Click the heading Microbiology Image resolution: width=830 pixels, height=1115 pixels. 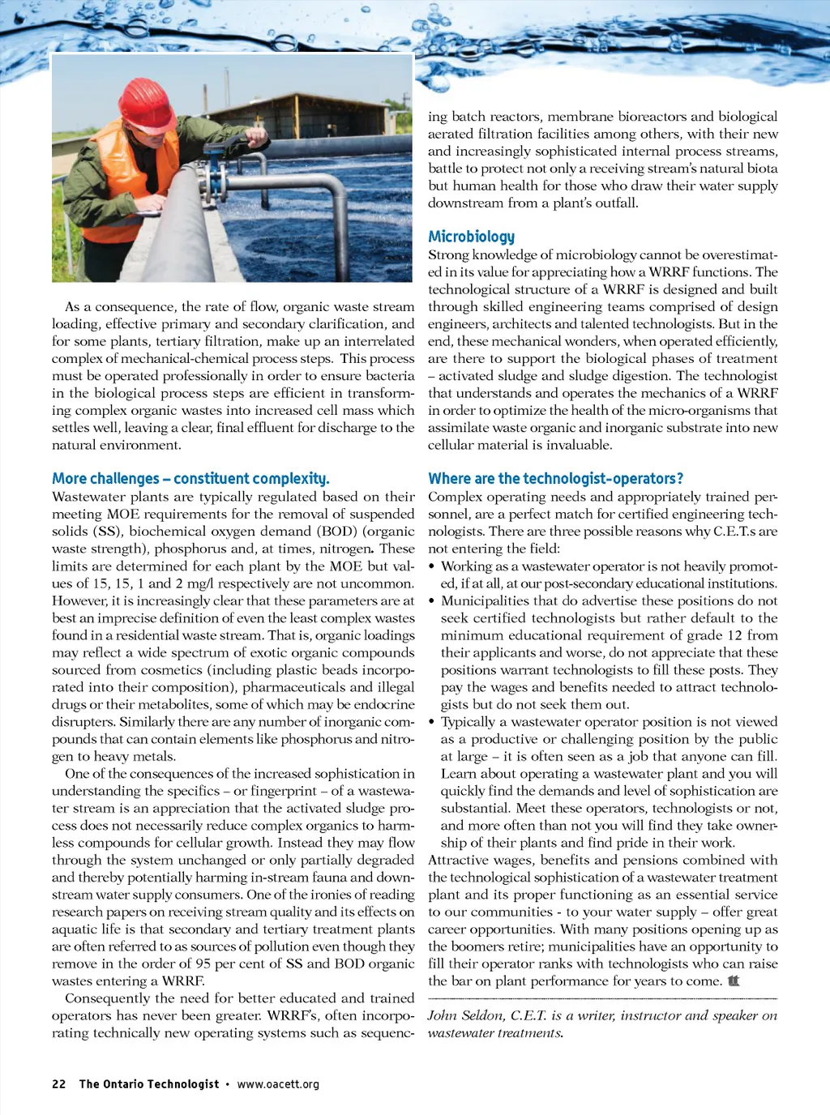(x=471, y=237)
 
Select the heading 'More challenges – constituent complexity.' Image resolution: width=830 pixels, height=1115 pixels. (x=190, y=479)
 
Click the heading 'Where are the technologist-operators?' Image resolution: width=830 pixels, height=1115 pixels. (x=555, y=479)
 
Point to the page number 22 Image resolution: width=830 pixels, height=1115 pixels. (x=59, y=1084)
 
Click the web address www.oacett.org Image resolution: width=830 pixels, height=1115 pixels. (x=278, y=1084)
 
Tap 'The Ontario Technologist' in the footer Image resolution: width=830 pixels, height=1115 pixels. (x=148, y=1084)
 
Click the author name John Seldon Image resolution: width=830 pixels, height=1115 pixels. (x=464, y=1016)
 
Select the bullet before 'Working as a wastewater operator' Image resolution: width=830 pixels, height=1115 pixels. (x=432, y=566)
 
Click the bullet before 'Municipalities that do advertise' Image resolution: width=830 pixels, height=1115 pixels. (x=432, y=601)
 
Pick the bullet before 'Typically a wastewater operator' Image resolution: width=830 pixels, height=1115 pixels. (x=432, y=722)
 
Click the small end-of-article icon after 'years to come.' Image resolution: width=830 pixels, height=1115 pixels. (x=734, y=981)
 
